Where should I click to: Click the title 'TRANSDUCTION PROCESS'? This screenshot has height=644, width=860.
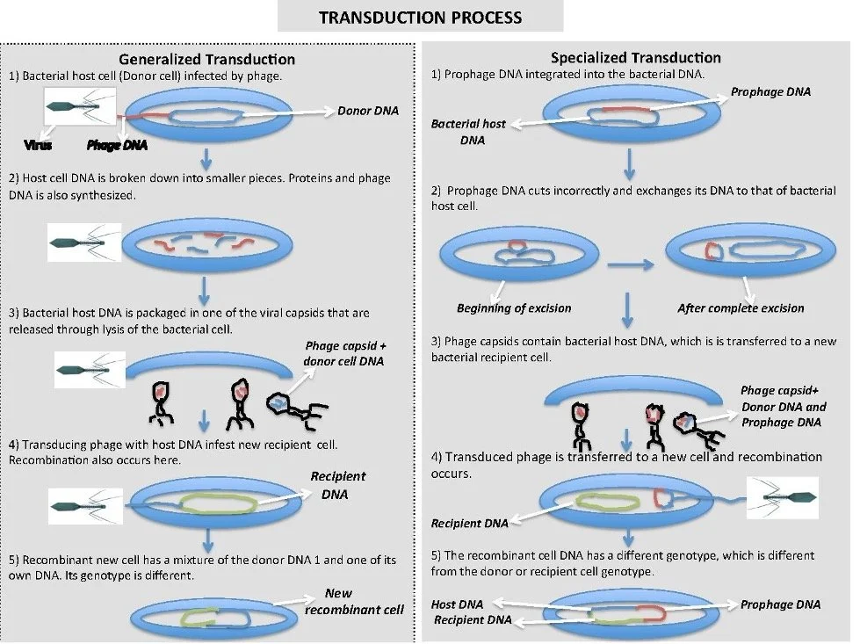pyautogui.click(x=420, y=18)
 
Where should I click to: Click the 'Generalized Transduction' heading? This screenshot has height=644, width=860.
pyautogui.click(x=206, y=59)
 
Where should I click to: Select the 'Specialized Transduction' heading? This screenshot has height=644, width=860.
pyautogui.click(x=635, y=58)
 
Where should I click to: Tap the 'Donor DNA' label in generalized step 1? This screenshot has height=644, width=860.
pyautogui.click(x=368, y=111)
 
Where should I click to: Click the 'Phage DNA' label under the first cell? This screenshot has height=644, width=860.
pyautogui.click(x=117, y=145)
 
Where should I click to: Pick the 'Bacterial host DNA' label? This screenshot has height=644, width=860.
pyautogui.click(x=468, y=132)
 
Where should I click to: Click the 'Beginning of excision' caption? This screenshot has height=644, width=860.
pyautogui.click(x=514, y=308)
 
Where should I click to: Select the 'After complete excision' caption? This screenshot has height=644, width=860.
pyautogui.click(x=741, y=308)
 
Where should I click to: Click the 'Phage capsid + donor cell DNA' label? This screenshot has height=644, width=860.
pyautogui.click(x=345, y=354)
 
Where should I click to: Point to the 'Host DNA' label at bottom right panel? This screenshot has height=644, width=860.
pyautogui.click(x=458, y=604)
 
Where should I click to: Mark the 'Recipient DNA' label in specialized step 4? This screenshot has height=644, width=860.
pyautogui.click(x=469, y=524)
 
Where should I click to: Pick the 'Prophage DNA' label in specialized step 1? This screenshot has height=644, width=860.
pyautogui.click(x=771, y=91)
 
